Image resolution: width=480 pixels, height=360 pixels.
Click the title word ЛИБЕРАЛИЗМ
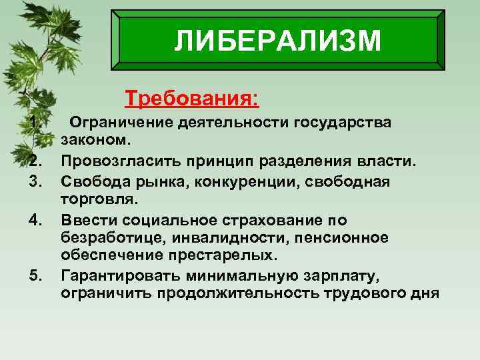click(x=277, y=40)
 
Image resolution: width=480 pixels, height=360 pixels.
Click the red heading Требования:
click(x=192, y=99)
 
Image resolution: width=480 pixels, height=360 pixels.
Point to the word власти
click(x=389, y=161)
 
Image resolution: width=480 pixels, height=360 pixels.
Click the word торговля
click(x=97, y=199)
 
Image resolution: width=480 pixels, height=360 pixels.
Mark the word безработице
click(x=109, y=237)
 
